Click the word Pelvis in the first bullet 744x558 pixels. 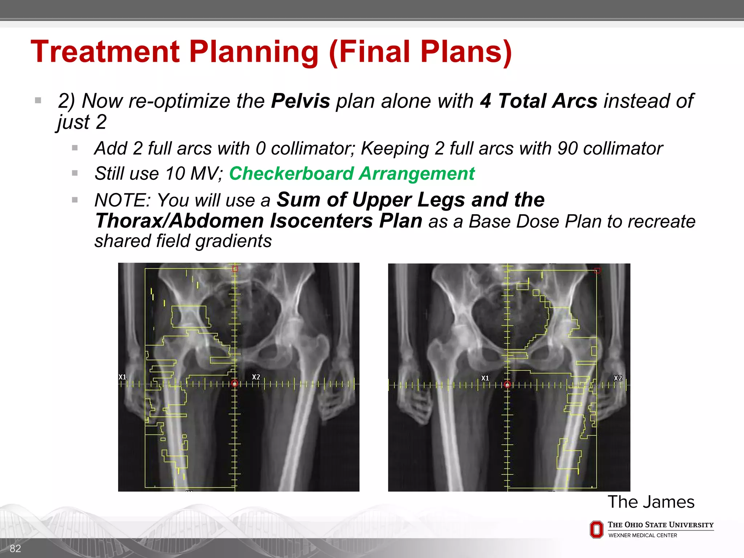click(x=300, y=101)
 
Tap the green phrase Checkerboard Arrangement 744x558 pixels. click(x=352, y=173)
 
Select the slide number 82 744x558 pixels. click(x=15, y=548)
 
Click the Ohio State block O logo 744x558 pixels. click(x=596, y=529)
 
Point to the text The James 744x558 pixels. click(x=651, y=502)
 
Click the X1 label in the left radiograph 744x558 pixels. click(x=122, y=377)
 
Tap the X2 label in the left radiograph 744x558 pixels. click(x=256, y=377)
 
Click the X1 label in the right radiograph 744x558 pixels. click(x=485, y=378)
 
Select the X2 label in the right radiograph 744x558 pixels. click(x=618, y=378)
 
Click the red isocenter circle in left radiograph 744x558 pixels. click(x=235, y=383)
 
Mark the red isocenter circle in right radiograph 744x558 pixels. click(x=507, y=384)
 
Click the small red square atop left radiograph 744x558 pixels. click(x=235, y=269)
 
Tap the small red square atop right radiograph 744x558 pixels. click(x=597, y=271)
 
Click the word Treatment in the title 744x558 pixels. click(x=105, y=52)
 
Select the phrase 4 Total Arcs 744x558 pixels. click(x=538, y=101)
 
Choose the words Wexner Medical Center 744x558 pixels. click(x=643, y=535)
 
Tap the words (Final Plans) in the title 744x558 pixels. click(x=420, y=52)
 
